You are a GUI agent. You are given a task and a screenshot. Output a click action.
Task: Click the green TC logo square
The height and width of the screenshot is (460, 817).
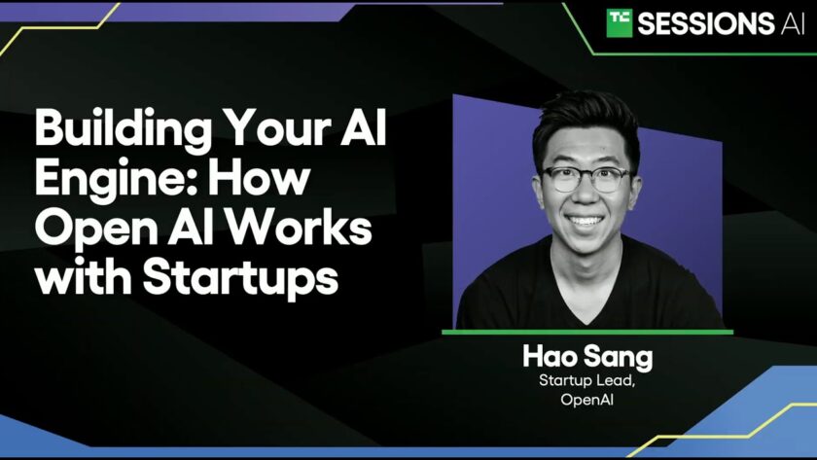pos(619,23)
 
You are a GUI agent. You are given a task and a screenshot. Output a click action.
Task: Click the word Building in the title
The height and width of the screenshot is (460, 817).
pos(124,129)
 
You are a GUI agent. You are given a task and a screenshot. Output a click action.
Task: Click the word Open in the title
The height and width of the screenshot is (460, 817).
pos(96,230)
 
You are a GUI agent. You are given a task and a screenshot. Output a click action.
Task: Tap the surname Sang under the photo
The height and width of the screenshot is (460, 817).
pos(618,358)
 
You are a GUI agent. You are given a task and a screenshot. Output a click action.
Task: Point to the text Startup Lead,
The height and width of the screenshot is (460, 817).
pos(586,381)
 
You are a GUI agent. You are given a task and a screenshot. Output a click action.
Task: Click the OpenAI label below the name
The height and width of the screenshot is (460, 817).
pos(586,400)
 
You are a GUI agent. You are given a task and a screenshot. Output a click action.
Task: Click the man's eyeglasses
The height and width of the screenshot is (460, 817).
pos(586,179)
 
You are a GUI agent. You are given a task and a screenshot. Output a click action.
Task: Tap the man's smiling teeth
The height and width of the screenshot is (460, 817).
pos(586,221)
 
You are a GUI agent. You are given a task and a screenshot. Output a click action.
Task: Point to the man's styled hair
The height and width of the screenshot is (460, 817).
pos(586,121)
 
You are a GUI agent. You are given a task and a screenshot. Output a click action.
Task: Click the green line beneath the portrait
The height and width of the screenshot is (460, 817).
pos(587,332)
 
